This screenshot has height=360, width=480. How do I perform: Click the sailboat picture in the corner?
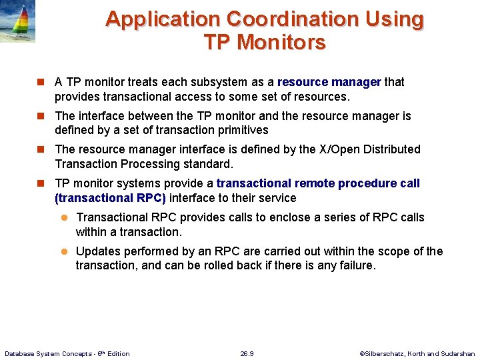[17, 21]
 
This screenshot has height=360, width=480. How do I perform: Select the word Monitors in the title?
[281, 43]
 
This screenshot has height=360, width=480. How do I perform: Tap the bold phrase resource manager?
[329, 82]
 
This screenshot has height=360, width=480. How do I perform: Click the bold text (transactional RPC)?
[110, 198]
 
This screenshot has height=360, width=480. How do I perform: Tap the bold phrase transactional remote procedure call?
[318, 183]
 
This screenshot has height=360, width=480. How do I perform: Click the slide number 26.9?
[247, 353]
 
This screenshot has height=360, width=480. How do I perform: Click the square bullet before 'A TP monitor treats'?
[41, 83]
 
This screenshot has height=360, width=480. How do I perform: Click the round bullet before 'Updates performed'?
[65, 251]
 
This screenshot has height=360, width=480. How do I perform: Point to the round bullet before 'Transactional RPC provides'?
[65, 217]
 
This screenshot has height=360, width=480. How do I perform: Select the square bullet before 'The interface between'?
[41, 116]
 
